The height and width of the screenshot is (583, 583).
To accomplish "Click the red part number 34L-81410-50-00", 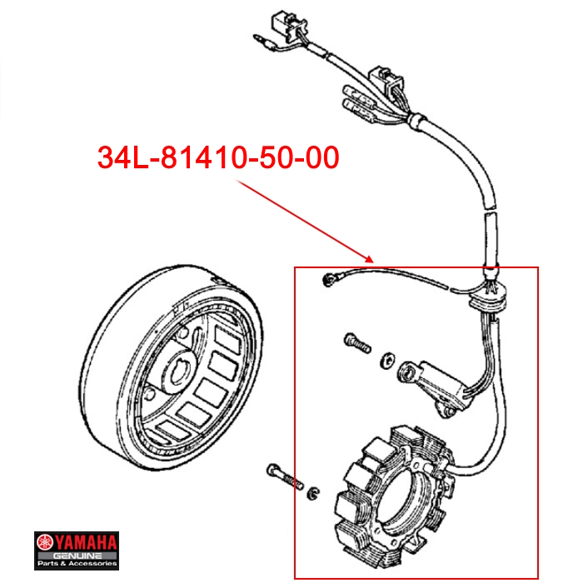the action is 218,157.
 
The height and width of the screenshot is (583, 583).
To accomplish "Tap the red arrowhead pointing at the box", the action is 368,259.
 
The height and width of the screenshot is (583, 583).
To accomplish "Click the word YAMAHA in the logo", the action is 86,543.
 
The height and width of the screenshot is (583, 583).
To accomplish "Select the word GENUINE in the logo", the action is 77,556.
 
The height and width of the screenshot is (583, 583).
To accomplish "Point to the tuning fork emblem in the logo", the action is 45,543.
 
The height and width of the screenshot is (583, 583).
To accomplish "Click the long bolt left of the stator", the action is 285,476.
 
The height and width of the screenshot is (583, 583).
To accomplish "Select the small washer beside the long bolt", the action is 313,493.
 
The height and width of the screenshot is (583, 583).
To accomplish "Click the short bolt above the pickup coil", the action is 357,342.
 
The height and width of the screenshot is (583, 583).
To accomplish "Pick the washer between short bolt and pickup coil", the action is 387,360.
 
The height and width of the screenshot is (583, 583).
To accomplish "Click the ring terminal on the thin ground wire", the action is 328,280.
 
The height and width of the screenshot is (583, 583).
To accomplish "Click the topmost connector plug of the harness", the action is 285,23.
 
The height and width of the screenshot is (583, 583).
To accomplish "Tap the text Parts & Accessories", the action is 77,564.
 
